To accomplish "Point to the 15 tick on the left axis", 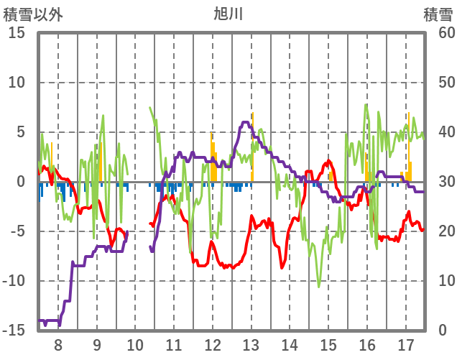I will coord(17,33).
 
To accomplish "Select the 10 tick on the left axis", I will coord(17,83).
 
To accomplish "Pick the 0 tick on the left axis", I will coord(21,182).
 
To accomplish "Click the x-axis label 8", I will coord(58,344).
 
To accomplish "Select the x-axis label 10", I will coord(135,344).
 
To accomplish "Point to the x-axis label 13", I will coord(251,344).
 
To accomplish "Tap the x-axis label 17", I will coord(406,344).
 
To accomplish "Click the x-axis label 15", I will coord(328,344).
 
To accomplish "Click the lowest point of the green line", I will coord(320,287).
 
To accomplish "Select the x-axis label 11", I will coord(174,344).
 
